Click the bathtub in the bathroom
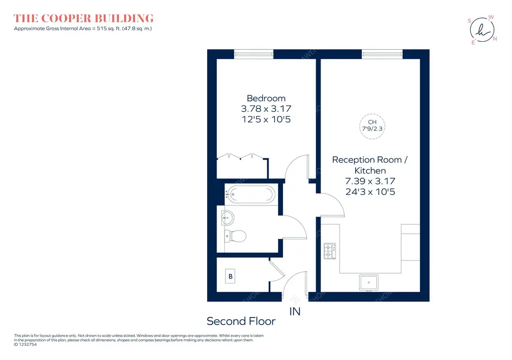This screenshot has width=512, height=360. [x=250, y=195]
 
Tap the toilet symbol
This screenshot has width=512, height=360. [x=235, y=236]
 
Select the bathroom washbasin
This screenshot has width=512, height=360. [x=228, y=218]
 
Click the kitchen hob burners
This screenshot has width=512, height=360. [x=329, y=251]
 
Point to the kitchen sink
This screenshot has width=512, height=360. [x=369, y=282]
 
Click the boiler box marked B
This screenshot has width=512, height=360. [x=230, y=276]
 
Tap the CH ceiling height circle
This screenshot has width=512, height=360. [x=372, y=126]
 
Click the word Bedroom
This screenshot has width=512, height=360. [x=266, y=98]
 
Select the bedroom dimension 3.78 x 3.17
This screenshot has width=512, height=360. [x=266, y=109]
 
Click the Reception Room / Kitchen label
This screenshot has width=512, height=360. [x=370, y=165]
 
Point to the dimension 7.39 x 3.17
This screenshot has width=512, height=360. [x=370, y=181]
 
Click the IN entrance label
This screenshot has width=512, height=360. [x=295, y=311]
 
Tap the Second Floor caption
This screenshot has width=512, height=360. [x=241, y=321]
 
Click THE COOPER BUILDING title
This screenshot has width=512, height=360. [x=84, y=18]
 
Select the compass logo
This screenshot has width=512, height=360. [x=482, y=30]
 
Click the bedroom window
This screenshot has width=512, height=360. [x=253, y=54]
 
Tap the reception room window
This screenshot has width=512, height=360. [x=382, y=54]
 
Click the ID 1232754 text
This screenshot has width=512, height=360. [x=25, y=344]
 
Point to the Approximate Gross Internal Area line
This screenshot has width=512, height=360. [x=83, y=28]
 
